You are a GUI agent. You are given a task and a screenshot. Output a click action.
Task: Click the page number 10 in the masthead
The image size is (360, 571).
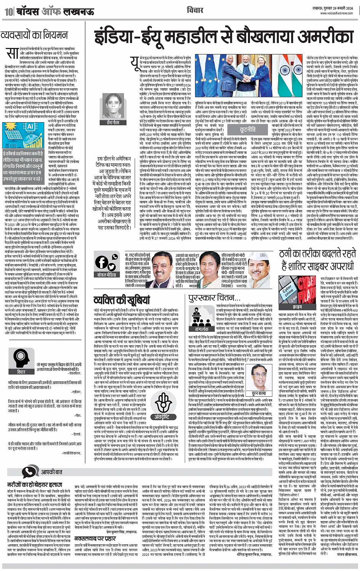pos(8,12)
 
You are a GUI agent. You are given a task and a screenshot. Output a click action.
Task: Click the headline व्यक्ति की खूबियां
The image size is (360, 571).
pos(122,300)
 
